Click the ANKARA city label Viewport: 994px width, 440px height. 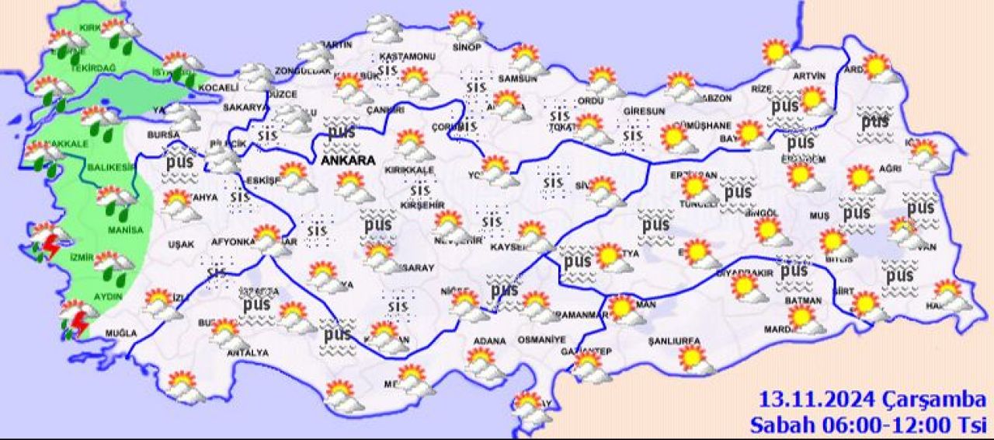click(x=348, y=161)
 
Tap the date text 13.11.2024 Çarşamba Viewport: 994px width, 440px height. click(x=871, y=401)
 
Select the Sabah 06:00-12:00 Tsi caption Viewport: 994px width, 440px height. click(x=867, y=424)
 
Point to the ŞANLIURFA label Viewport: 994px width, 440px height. click(x=675, y=341)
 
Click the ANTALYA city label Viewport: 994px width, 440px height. click(x=247, y=353)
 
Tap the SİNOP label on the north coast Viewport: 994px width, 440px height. click(x=466, y=47)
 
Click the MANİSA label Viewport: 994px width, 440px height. click(x=127, y=230)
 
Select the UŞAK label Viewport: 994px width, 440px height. click(x=181, y=244)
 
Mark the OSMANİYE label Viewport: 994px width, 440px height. click(x=533, y=340)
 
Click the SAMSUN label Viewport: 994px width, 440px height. click(x=518, y=79)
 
